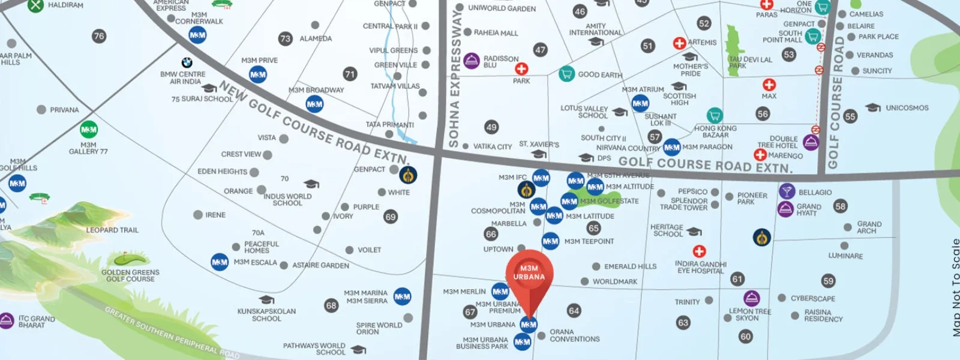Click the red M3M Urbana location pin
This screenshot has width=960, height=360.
click(x=529, y=277)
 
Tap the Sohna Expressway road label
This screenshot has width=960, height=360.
click(x=454, y=78)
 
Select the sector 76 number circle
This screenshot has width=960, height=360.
click(x=99, y=36)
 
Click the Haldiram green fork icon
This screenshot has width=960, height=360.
click(x=35, y=5)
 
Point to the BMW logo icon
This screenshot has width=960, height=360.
click(x=187, y=62)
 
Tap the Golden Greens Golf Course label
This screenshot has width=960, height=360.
click(x=130, y=275)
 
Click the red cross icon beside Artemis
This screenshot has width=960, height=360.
click(x=679, y=43)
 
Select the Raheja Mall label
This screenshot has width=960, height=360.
click(x=496, y=33)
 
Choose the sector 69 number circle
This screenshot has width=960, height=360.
click(x=391, y=217)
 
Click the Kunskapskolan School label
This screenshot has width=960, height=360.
click(x=266, y=315)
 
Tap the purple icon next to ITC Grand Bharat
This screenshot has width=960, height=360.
click(x=6, y=320)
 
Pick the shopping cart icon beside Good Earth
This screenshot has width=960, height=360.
click(x=566, y=74)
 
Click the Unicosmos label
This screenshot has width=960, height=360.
click(x=907, y=108)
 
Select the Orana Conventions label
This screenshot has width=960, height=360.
click(x=574, y=335)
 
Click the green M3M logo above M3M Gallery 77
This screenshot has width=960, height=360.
click(x=89, y=130)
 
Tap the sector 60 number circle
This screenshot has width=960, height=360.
click(x=745, y=337)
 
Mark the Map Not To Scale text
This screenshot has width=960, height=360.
click(x=955, y=287)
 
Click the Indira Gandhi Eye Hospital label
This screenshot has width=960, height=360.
click(x=700, y=268)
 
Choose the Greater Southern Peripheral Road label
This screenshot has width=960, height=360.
click(x=172, y=333)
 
